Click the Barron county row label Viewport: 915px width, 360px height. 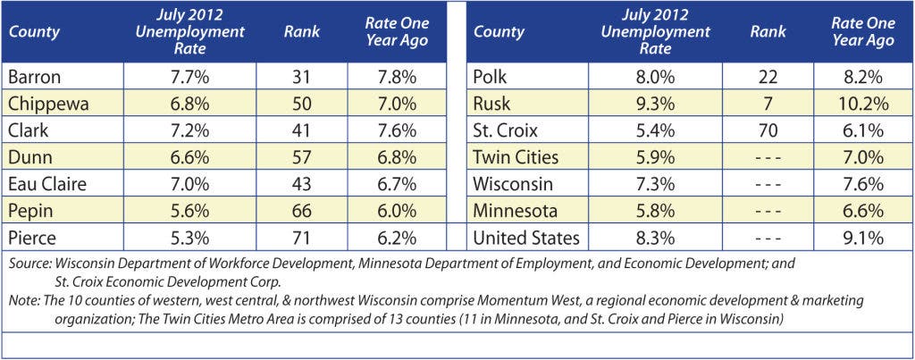coord(35,77)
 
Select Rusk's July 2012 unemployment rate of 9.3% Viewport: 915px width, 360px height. coord(655,104)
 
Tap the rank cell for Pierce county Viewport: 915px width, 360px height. coord(302,238)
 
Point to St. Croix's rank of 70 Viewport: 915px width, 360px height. coord(768,130)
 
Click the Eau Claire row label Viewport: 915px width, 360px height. coord(47,184)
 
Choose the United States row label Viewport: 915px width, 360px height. coord(526,238)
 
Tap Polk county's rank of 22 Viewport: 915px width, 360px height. coord(768,77)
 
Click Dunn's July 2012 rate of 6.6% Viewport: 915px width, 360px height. coord(190,157)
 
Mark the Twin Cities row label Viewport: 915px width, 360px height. coord(516,157)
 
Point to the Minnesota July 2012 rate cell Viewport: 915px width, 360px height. coord(655,211)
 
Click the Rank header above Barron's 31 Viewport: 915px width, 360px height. coord(302,31)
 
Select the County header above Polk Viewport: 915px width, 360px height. coord(499,31)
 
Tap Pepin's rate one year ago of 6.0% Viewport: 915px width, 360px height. coord(397,211)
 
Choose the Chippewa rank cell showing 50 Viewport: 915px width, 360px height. coord(302,104)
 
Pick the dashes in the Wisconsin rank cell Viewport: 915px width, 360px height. coord(768,184)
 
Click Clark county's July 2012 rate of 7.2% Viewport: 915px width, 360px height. coord(190,130)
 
